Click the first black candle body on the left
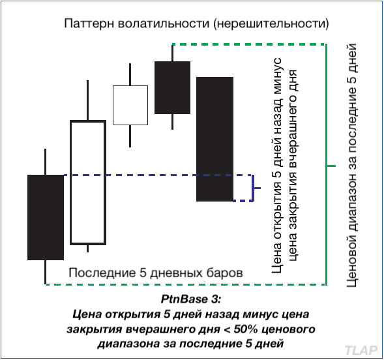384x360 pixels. (x=46, y=217)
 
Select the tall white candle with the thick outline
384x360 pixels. (x=71, y=183)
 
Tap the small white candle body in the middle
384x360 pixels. (x=130, y=105)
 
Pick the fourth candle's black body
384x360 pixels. (x=172, y=87)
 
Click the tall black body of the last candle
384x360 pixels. (x=214, y=139)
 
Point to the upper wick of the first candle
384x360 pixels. (x=45, y=162)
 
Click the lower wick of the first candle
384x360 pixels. (x=45, y=272)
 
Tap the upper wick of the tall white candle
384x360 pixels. (x=87, y=100)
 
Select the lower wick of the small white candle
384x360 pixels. (x=130, y=136)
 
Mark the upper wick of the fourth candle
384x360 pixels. (x=172, y=53)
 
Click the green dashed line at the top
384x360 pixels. (x=248, y=44)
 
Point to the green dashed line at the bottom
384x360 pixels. (x=186, y=284)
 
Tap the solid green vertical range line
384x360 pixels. (x=326, y=164)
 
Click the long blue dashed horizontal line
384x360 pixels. (x=158, y=175)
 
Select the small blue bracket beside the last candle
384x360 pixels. (x=253, y=188)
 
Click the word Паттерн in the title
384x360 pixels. (x=89, y=23)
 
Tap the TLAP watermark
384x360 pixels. (x=361, y=350)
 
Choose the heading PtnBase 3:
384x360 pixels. (x=191, y=299)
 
